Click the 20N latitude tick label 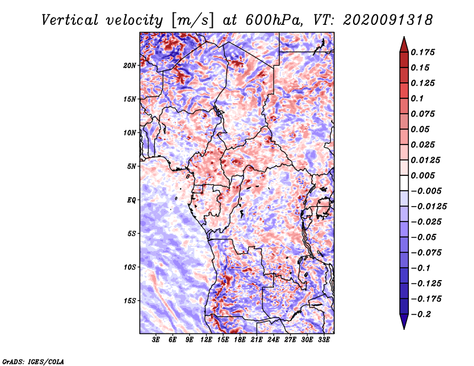130,65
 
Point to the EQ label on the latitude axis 132,200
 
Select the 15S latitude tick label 130,301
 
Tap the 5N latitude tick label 132,166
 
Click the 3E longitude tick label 156,340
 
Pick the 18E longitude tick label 240,340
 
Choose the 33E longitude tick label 324,340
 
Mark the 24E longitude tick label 273,340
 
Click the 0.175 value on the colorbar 422,52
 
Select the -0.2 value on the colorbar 421,314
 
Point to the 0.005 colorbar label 422,175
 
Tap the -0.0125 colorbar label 428,207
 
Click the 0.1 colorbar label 417,98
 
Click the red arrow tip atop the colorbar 404,37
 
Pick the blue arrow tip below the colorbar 404,329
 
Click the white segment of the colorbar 404,183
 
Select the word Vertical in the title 70,20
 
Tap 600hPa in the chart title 274,20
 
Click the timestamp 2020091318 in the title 388,20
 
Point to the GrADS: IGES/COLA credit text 33,362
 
